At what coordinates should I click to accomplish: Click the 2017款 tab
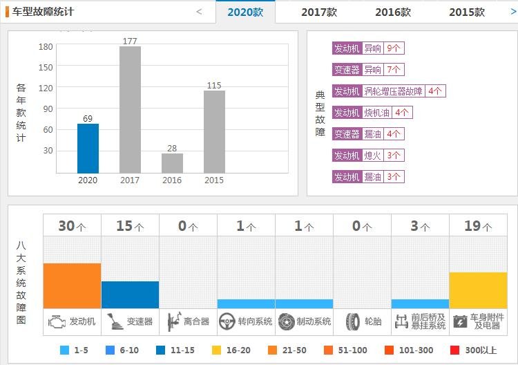click(319, 12)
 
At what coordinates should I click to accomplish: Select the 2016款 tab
click(393, 12)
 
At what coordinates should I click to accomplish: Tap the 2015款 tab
click(467, 12)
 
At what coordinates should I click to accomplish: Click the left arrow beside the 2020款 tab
click(200, 12)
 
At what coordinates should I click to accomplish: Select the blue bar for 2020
click(88, 148)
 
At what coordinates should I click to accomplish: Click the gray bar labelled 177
click(130, 109)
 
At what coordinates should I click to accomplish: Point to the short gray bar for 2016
click(172, 163)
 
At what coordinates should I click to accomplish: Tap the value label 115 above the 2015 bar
click(214, 86)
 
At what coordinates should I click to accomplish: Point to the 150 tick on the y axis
click(46, 67)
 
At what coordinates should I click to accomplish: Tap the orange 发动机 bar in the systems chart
click(72, 286)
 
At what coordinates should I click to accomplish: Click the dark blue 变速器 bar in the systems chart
click(130, 294)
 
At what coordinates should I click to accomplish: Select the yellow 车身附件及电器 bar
click(478, 290)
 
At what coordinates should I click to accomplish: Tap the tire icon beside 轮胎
click(353, 321)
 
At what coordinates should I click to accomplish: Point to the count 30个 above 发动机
click(72, 226)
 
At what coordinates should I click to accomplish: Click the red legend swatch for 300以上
click(454, 350)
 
